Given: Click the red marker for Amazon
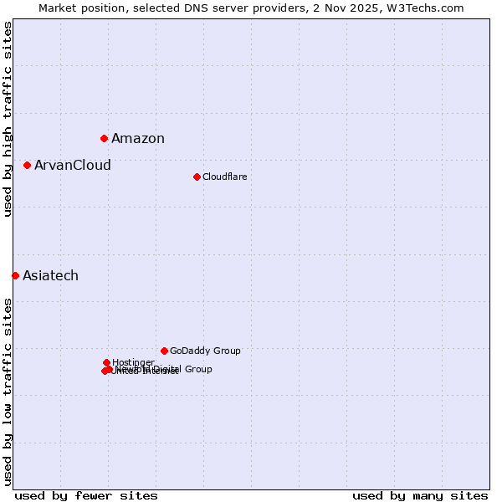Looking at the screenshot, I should click(x=104, y=138).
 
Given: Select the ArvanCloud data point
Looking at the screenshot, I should click(x=27, y=165).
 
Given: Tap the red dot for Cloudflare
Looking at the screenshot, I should click(x=197, y=177).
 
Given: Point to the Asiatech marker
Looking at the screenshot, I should click(x=15, y=275).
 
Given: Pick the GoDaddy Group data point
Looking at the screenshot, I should click(x=164, y=351).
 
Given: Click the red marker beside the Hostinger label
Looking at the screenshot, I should click(x=106, y=362).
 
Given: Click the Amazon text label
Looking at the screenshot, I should click(x=138, y=139).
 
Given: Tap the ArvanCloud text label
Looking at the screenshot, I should click(x=73, y=166).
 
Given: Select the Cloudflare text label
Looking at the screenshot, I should click(x=224, y=177).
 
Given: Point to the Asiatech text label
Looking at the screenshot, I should click(x=50, y=276).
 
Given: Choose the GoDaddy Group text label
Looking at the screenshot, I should click(x=205, y=351).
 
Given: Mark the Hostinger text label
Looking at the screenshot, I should click(x=133, y=362).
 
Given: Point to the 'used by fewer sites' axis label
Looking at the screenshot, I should click(x=86, y=495).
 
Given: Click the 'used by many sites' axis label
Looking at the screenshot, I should click(x=420, y=495).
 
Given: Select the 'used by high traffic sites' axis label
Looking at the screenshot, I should click(x=8, y=120).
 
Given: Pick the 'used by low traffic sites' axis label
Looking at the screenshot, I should click(x=8, y=392).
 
